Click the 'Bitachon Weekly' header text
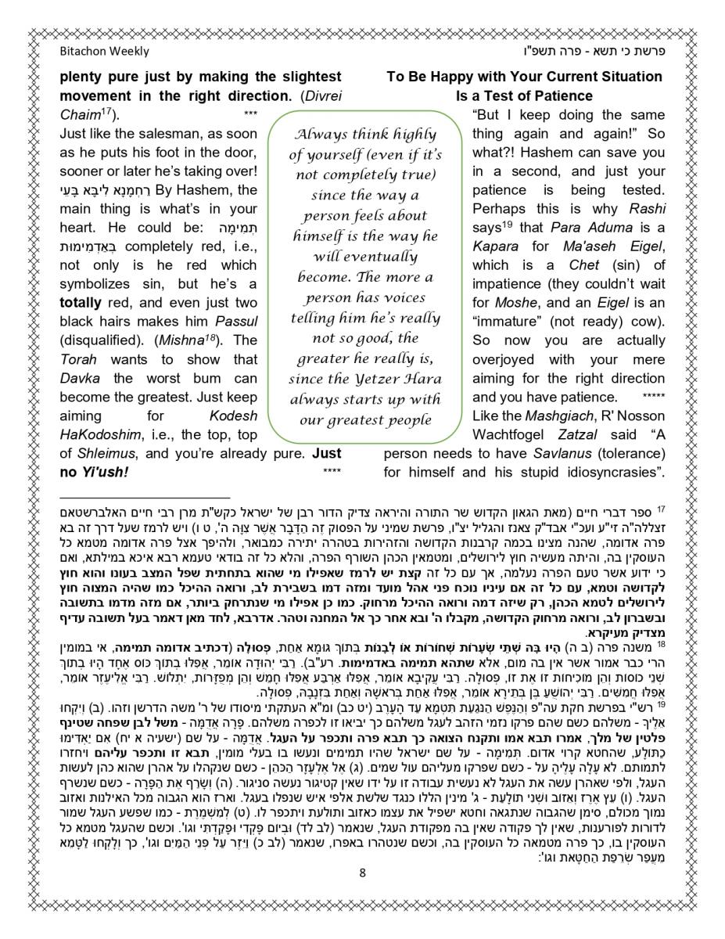[104, 52]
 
